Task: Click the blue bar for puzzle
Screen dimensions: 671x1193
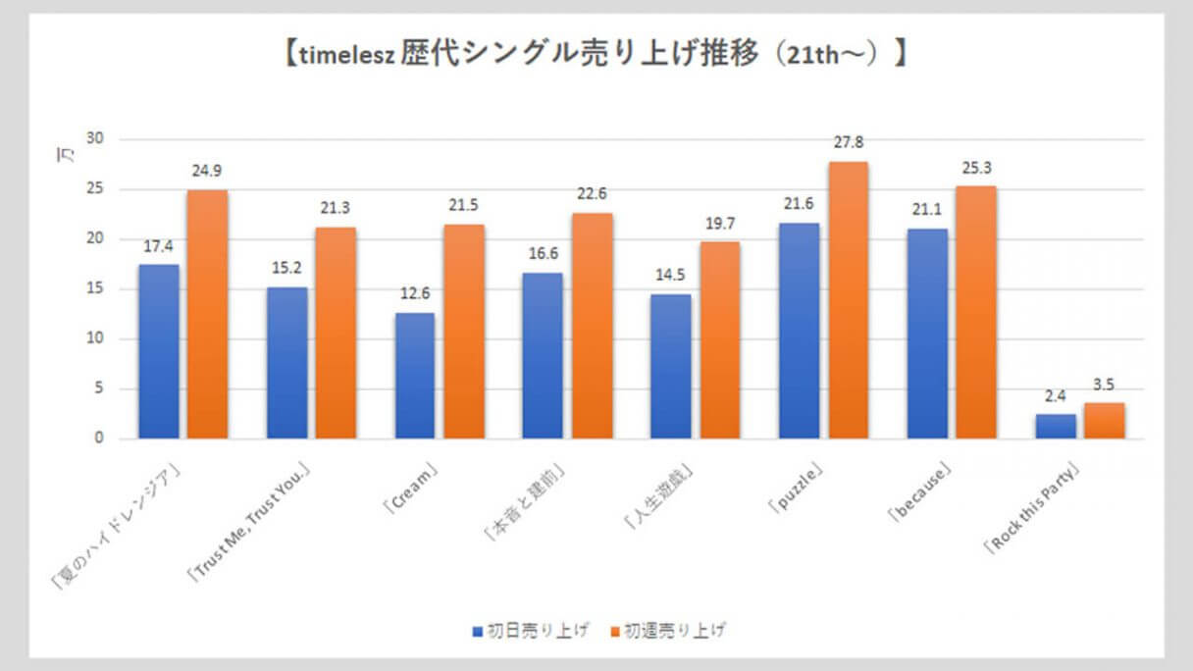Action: coord(799,331)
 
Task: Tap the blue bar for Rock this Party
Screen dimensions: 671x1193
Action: coord(1056,426)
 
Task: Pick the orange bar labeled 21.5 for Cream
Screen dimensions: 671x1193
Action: coord(463,331)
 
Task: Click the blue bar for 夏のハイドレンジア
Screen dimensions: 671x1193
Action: coord(159,351)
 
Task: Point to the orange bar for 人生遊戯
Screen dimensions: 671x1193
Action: coord(719,339)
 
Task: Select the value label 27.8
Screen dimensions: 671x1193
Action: coord(850,142)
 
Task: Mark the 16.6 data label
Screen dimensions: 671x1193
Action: coord(543,255)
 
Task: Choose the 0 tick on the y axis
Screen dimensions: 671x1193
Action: coord(98,439)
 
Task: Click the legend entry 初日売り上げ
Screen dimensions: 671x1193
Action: coord(531,630)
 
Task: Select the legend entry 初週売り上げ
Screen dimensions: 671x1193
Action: coord(668,630)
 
